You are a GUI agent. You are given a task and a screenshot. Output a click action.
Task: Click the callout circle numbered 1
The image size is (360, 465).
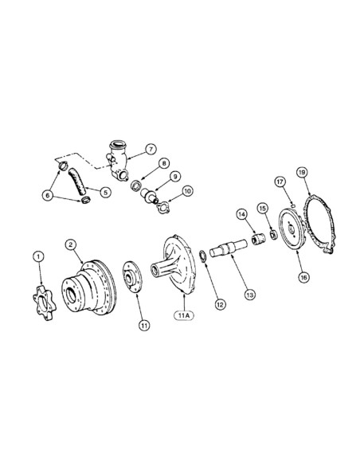click(37, 256)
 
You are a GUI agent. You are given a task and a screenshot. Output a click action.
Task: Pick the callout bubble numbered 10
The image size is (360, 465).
click(187, 191)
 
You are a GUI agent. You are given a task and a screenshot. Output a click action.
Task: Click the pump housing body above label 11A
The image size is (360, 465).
click(177, 267)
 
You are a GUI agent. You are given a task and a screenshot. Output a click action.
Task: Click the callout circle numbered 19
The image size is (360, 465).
click(303, 171)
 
